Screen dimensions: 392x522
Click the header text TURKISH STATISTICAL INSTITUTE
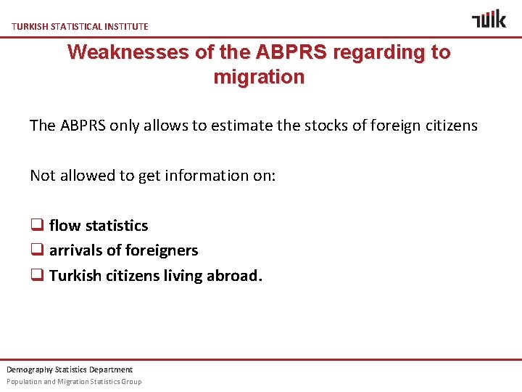pyautogui.click(x=80, y=26)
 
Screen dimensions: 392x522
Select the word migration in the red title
pyautogui.click(x=259, y=77)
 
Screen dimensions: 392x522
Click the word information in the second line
pyautogui.click(x=196, y=175)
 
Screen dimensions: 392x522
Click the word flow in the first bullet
pyautogui.click(x=65, y=226)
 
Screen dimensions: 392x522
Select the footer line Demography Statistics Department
pyautogui.click(x=70, y=369)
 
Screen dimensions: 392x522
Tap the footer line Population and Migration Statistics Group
pyautogui.click(x=74, y=382)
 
